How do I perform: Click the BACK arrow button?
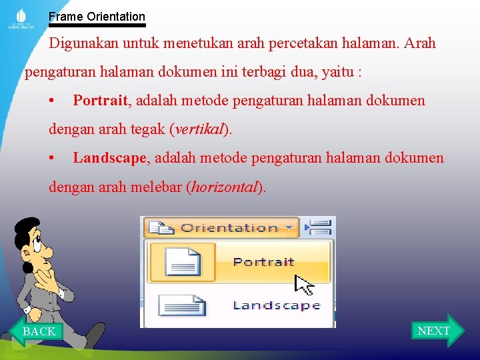pos(38,331)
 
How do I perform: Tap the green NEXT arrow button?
pos(435,331)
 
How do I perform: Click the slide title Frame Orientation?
pos(97,16)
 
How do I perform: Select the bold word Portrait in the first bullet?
pos(100,101)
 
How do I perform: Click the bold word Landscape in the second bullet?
pos(109,158)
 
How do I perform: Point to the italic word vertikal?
pos(199,129)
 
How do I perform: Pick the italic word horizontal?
pos(224,187)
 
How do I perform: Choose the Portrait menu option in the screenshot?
pos(263,261)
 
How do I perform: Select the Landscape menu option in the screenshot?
pos(276,305)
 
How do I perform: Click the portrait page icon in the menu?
pos(182,261)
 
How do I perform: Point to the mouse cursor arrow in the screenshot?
pos(303,283)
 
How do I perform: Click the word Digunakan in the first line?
pos(82,43)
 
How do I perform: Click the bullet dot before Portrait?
pos(52,101)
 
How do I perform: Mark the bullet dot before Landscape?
pos(52,159)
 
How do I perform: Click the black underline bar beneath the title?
pos(97,25)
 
